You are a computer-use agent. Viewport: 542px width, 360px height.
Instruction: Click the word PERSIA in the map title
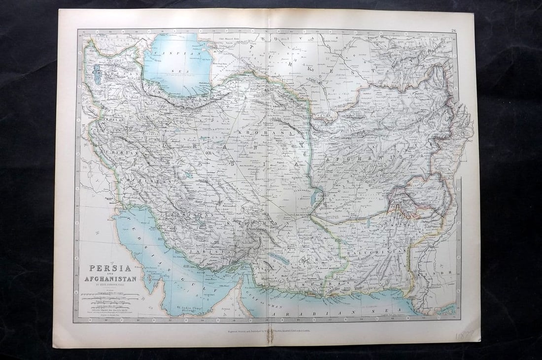pos(110,268)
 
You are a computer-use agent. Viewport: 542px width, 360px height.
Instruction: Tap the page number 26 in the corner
pos(453,31)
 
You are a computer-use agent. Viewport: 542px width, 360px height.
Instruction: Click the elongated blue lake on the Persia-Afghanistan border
pos(314,197)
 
